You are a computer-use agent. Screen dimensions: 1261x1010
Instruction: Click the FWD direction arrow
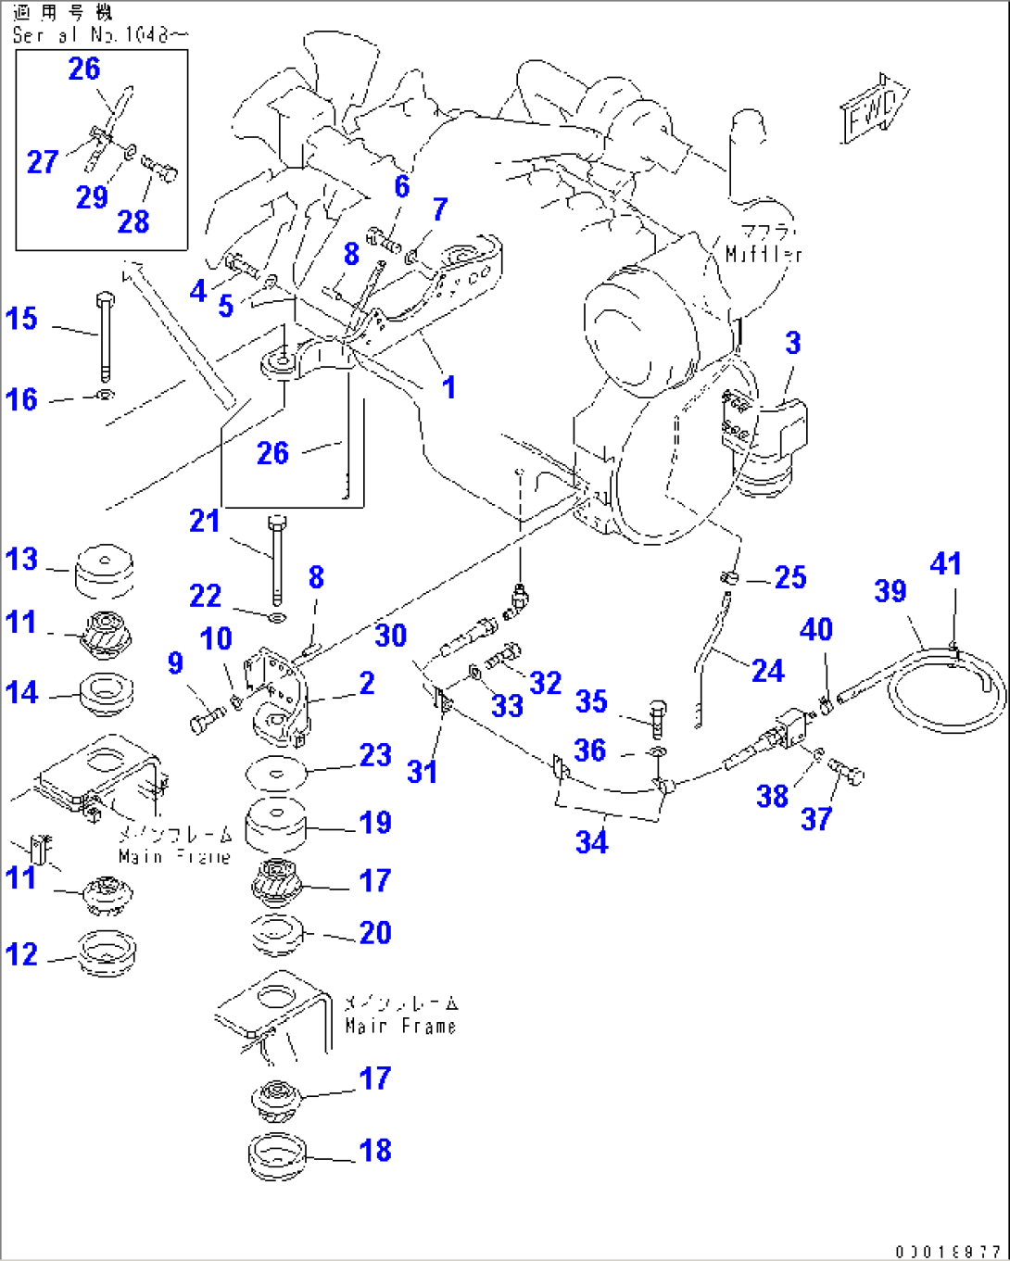874,109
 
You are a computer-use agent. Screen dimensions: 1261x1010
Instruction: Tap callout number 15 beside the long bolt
22,319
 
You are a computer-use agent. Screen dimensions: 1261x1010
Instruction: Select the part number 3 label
793,344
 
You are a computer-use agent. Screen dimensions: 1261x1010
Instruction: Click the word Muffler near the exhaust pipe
764,254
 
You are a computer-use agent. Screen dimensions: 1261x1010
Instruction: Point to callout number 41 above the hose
945,563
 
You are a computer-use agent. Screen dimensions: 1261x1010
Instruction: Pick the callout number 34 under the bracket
591,841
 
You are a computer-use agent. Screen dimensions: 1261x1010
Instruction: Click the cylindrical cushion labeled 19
275,825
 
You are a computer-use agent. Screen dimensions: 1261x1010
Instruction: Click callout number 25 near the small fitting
789,577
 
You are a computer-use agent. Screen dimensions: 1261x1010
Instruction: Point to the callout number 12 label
22,954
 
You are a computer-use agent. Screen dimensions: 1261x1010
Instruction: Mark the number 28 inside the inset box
133,221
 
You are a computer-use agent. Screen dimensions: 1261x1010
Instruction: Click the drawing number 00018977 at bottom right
947,1252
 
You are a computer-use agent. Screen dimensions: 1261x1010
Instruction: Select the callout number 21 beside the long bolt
205,521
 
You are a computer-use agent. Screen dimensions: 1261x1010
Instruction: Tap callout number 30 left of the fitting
391,636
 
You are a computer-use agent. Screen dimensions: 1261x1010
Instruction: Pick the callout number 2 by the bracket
367,683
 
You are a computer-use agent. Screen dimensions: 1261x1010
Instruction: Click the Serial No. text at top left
100,35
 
